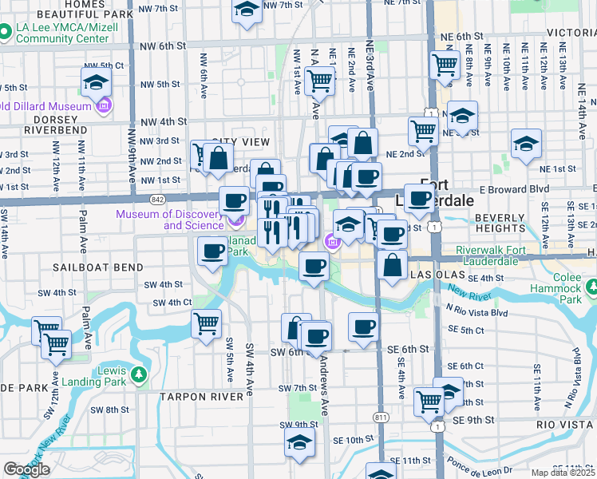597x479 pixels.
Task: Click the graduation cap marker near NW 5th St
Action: pyautogui.click(x=96, y=83)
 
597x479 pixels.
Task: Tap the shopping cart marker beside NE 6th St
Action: pyautogui.click(x=445, y=65)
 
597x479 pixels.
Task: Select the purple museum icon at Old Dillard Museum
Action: pyautogui.click(x=104, y=105)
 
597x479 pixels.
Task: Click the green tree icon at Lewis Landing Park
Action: pyautogui.click(x=139, y=374)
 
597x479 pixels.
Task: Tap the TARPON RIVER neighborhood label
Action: pyautogui.click(x=201, y=397)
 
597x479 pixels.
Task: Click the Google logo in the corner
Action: pyautogui.click(x=26, y=469)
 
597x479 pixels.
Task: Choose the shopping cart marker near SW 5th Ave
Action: pyautogui.click(x=207, y=324)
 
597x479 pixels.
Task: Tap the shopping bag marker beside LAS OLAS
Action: pyautogui.click(x=392, y=266)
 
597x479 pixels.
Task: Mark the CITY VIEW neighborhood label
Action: pyautogui.click(x=239, y=141)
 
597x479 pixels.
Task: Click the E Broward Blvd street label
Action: pyautogui.click(x=516, y=189)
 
